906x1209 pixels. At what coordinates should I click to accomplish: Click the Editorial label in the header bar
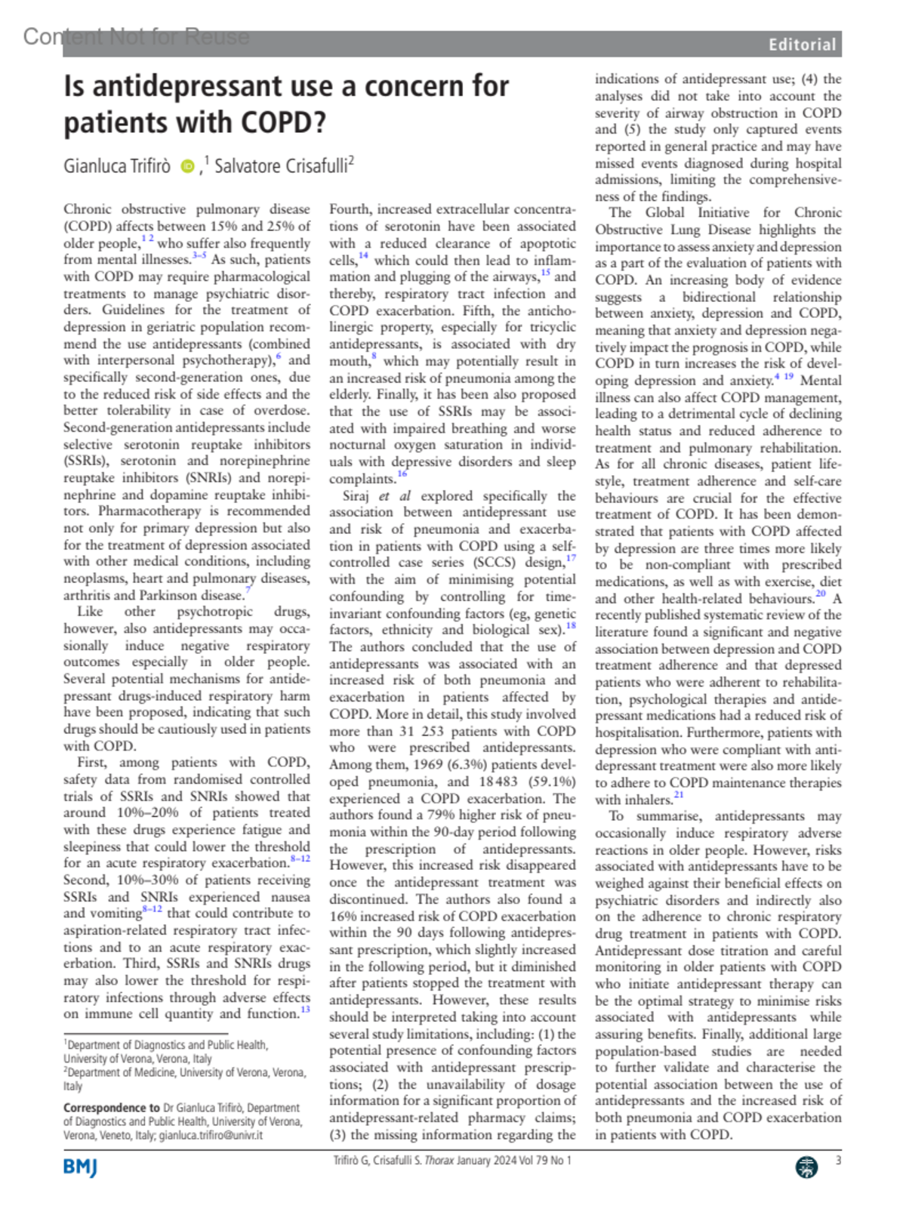(x=802, y=45)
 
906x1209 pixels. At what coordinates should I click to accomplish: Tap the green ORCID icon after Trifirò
(x=187, y=166)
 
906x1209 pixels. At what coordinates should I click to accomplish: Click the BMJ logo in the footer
(x=80, y=1167)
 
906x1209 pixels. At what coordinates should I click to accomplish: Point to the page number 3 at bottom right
(x=838, y=1161)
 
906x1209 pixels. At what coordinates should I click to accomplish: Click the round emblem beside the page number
(x=806, y=1167)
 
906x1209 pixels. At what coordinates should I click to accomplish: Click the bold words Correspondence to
(x=112, y=1108)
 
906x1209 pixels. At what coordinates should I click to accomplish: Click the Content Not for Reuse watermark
(x=136, y=35)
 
